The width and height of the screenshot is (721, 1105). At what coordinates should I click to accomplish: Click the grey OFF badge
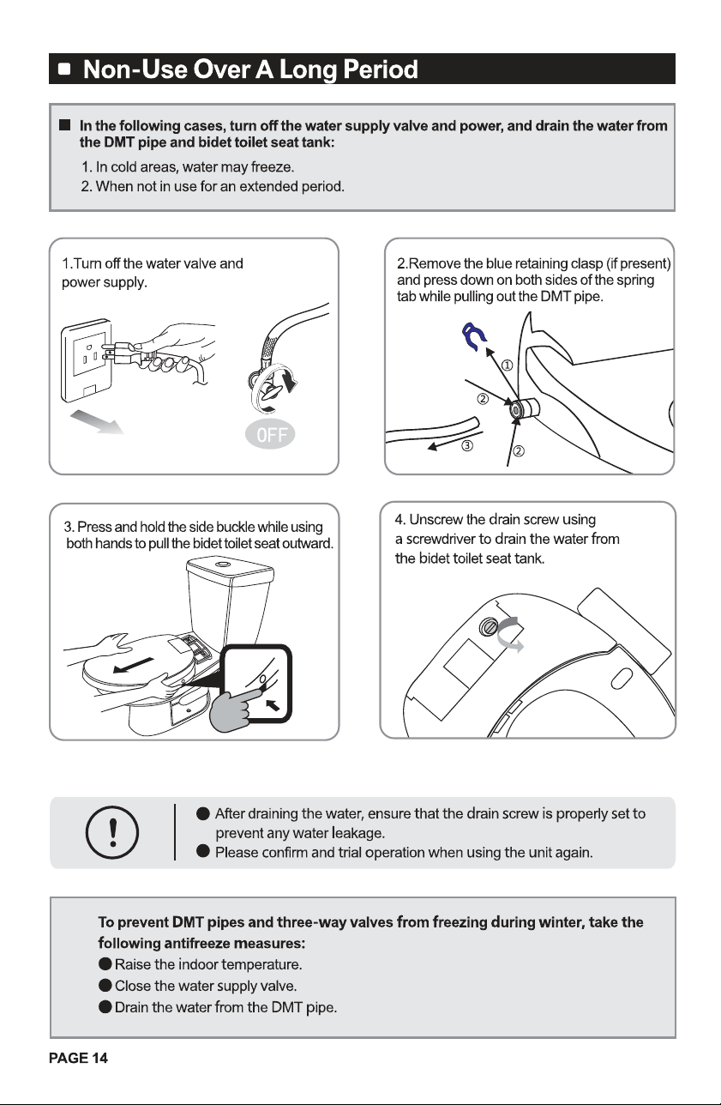(270, 434)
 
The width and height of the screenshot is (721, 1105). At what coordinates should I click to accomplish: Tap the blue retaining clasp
(473, 336)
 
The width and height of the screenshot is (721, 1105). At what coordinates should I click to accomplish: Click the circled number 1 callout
(508, 365)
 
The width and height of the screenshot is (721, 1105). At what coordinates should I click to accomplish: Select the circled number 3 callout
(467, 446)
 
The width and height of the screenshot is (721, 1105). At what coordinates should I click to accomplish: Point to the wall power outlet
(87, 360)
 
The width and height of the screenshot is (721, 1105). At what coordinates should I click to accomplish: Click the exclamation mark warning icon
(112, 833)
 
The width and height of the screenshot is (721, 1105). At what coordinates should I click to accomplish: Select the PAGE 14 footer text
(78, 1058)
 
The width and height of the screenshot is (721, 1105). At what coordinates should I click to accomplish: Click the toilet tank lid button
(222, 564)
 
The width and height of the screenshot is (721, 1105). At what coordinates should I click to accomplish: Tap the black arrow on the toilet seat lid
(133, 665)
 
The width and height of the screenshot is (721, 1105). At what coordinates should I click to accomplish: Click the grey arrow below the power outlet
(96, 422)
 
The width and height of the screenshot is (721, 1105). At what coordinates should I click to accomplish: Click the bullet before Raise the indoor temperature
(105, 964)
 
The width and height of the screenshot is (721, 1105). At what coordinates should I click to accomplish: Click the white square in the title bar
(64, 69)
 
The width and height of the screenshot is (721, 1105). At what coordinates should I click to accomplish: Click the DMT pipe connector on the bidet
(526, 409)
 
